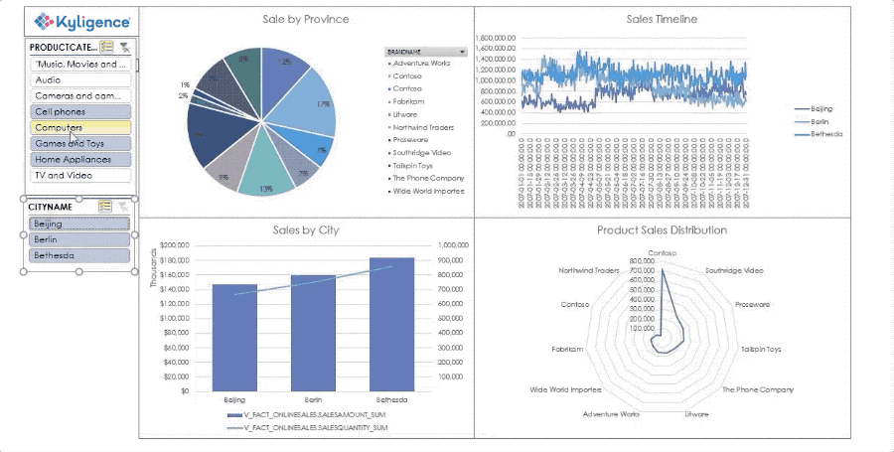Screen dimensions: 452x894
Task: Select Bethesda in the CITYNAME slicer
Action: coord(79,255)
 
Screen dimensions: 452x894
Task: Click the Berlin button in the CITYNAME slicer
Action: coord(79,239)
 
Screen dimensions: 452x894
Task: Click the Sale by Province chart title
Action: coord(305,19)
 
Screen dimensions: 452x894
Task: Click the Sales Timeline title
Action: coord(662,19)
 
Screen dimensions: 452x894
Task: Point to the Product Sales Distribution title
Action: coord(662,229)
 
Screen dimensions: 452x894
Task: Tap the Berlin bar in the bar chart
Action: coord(313,333)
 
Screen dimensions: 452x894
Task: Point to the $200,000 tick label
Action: coord(174,244)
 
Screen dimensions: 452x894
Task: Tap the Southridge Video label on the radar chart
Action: coord(734,270)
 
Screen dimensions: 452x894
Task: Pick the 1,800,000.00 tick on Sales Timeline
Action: coord(498,38)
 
